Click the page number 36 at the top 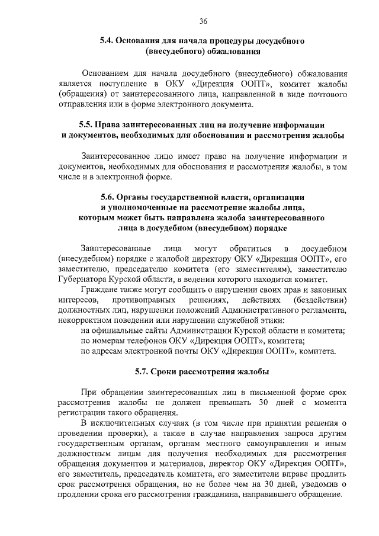click(x=203, y=21)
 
